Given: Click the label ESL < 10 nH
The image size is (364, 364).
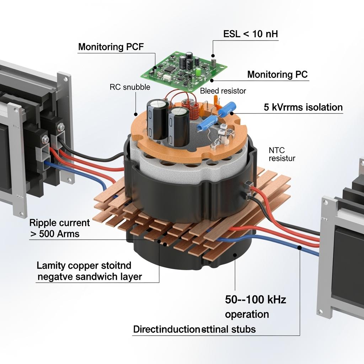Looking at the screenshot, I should pyautogui.click(x=251, y=34).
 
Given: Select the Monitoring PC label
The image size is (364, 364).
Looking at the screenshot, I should pyautogui.click(x=277, y=75).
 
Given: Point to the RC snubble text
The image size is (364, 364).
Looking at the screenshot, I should pyautogui.click(x=130, y=87).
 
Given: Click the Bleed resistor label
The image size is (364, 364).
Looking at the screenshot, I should pyautogui.click(x=223, y=91).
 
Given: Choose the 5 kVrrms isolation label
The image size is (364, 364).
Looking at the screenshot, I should pyautogui.click(x=303, y=107).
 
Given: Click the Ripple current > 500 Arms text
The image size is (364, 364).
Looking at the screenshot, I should pyautogui.click(x=59, y=228).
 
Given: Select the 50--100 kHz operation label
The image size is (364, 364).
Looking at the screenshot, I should pyautogui.click(x=255, y=307).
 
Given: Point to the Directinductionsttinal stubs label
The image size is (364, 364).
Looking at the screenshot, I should pyautogui.click(x=194, y=329).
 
